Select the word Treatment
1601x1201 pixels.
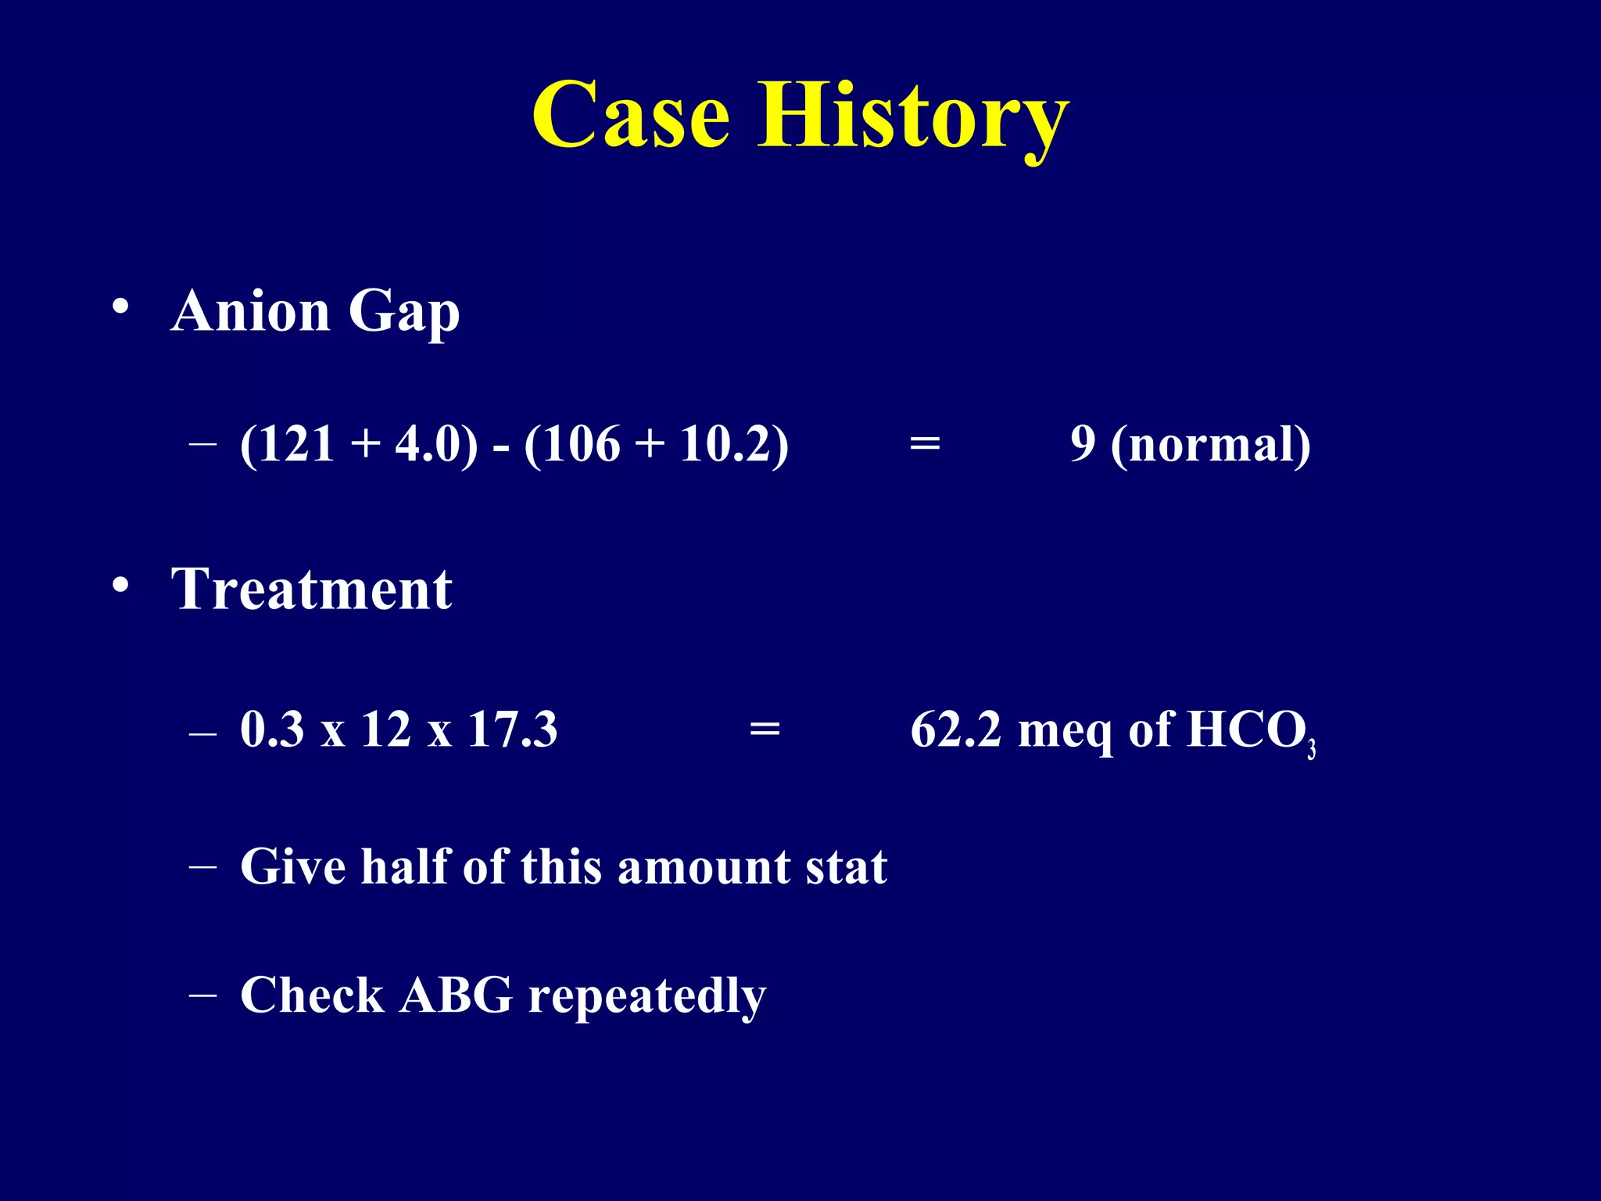(x=312, y=590)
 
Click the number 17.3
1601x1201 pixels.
(x=512, y=730)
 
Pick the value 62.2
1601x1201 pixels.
(x=955, y=730)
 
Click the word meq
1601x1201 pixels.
(x=1066, y=731)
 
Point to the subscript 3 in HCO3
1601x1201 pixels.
(x=1312, y=749)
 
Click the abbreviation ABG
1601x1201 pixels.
(x=456, y=995)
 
